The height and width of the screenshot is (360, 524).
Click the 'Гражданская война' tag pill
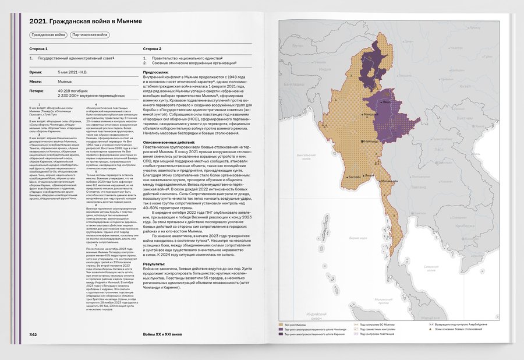point(48,35)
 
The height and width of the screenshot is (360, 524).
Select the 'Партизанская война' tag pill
point(90,35)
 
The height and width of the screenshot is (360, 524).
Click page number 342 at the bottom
point(34,334)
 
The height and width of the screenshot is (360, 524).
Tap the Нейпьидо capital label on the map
point(371,140)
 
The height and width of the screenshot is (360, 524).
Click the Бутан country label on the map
point(298,45)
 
